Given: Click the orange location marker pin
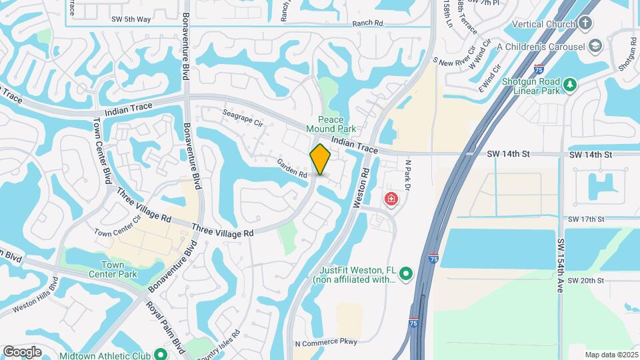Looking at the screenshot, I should (321, 159).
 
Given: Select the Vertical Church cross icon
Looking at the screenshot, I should (585, 25).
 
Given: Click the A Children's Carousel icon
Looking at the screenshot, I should (595, 46).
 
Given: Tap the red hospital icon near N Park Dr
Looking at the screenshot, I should (390, 199).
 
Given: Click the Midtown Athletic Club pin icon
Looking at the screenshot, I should (160, 354).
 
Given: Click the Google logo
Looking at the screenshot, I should (22, 351).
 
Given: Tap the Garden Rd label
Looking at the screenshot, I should (293, 171).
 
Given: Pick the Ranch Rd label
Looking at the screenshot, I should (369, 23).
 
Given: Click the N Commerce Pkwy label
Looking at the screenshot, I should (326, 343).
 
